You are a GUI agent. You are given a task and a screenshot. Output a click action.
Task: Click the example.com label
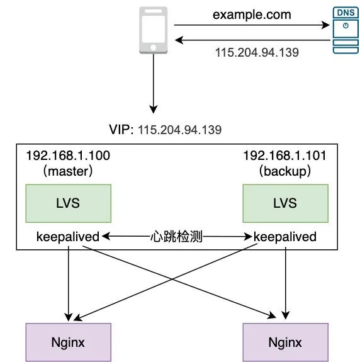pos(251,13)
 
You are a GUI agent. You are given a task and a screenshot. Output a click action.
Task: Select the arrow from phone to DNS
pos(252,26)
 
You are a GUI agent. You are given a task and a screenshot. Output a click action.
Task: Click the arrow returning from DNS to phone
pos(252,40)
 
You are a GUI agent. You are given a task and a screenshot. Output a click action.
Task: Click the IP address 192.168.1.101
pos(284,155)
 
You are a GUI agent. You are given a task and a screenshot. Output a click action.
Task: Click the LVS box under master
pos(68,203)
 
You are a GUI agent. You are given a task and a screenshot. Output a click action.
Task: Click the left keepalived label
pos(68,237)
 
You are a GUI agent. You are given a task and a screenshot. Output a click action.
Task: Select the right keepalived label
pos(284,237)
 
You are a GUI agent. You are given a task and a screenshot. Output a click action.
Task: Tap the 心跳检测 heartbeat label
pos(177,237)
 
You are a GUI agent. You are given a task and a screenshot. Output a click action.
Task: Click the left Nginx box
pos(68,342)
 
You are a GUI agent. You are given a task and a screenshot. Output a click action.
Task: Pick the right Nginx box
pos(285,342)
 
